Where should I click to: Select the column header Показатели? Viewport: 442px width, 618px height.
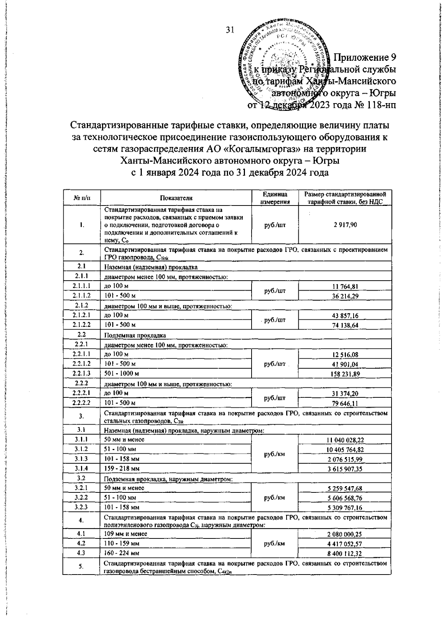click(176, 198)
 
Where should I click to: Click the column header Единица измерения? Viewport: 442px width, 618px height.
click(274, 198)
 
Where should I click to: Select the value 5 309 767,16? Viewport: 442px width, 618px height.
click(344, 508)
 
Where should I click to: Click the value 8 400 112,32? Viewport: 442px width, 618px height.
click(344, 553)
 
